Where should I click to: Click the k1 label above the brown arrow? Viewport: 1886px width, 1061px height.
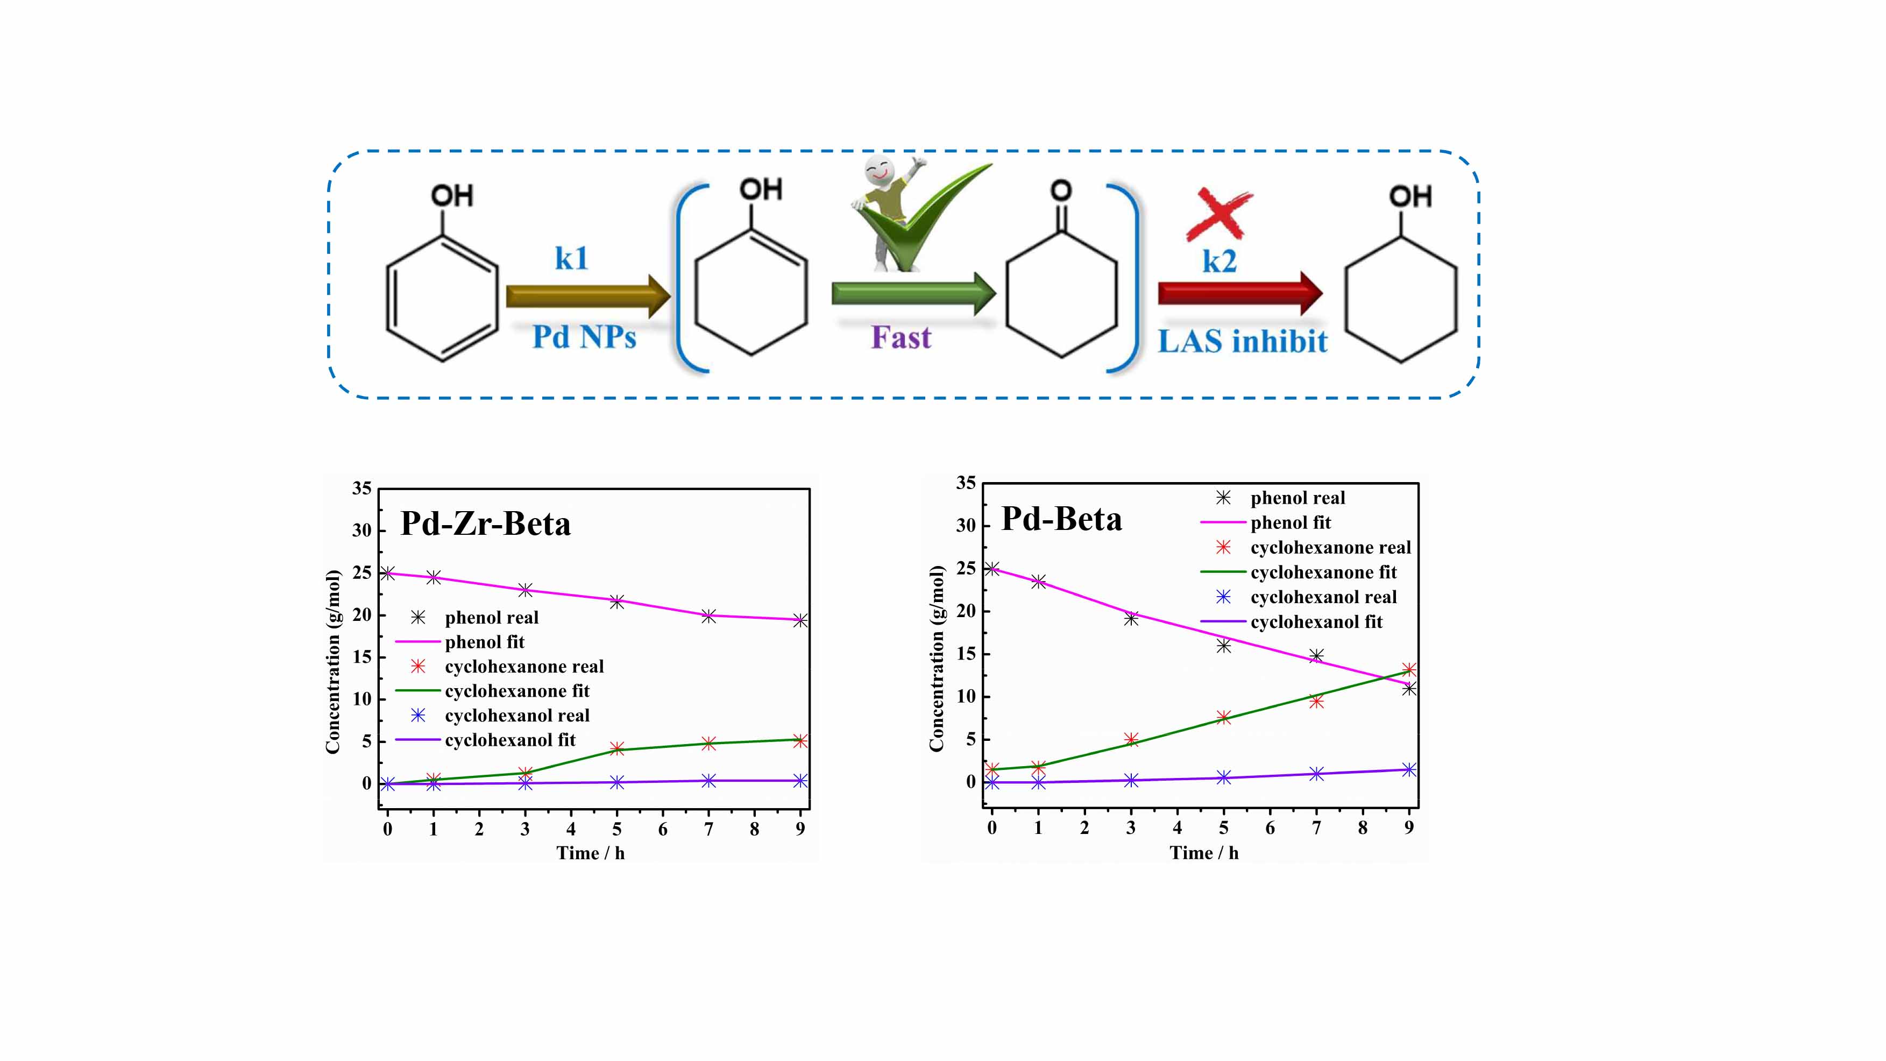coord(571,258)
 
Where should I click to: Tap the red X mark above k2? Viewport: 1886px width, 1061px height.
coord(1218,214)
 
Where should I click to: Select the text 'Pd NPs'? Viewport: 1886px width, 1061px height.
coord(584,337)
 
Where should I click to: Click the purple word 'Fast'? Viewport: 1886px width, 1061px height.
coord(901,337)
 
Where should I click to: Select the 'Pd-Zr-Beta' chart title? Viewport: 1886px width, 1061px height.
coord(485,524)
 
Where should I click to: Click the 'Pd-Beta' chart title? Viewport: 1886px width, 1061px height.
coord(1061,519)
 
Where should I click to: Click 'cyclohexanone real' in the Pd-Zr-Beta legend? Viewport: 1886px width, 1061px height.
coord(523,666)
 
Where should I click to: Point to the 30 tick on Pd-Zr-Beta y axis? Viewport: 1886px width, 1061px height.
coord(361,530)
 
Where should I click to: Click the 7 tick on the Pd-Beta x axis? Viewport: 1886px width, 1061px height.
coord(1316,827)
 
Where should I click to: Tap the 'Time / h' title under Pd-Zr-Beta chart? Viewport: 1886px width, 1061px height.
coord(590,853)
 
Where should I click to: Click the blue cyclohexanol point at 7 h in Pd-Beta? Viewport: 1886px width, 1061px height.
coord(1316,774)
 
